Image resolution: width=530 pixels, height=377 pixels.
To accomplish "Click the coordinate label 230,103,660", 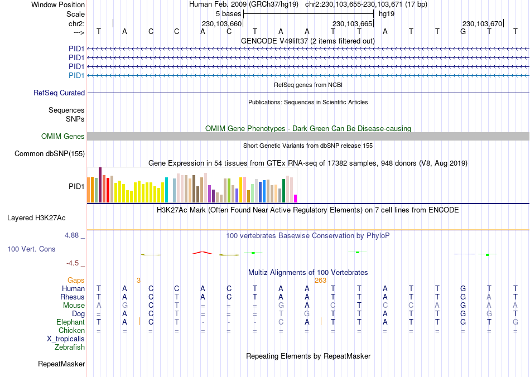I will click(221, 23).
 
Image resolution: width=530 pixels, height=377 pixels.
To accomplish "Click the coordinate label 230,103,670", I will click(483, 23).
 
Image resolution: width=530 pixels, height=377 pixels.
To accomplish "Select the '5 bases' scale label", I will click(229, 13).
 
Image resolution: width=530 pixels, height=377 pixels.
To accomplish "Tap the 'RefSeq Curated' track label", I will click(59, 93).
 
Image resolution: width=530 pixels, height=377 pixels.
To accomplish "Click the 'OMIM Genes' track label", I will click(63, 137).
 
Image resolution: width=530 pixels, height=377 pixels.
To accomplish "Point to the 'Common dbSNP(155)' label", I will click(50, 154).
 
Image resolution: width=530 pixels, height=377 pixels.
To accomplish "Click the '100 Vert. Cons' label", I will click(31, 249).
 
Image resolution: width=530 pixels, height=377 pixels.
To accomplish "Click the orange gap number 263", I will click(320, 280).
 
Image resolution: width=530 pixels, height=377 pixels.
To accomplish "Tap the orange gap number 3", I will click(138, 280).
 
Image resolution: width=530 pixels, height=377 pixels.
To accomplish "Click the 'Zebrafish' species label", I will click(70, 347).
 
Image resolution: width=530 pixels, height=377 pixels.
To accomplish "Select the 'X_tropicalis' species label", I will click(66, 339).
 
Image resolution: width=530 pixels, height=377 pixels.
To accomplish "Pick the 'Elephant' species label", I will click(70, 322).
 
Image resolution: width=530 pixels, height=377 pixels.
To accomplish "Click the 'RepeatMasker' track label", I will click(61, 364).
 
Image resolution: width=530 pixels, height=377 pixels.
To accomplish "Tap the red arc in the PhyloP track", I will click(203, 253).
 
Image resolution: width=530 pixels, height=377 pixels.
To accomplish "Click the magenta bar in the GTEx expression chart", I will click(296, 199).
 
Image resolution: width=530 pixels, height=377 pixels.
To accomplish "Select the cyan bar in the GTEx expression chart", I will click(166, 190).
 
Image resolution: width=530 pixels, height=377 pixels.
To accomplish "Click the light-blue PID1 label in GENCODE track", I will click(76, 75).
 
